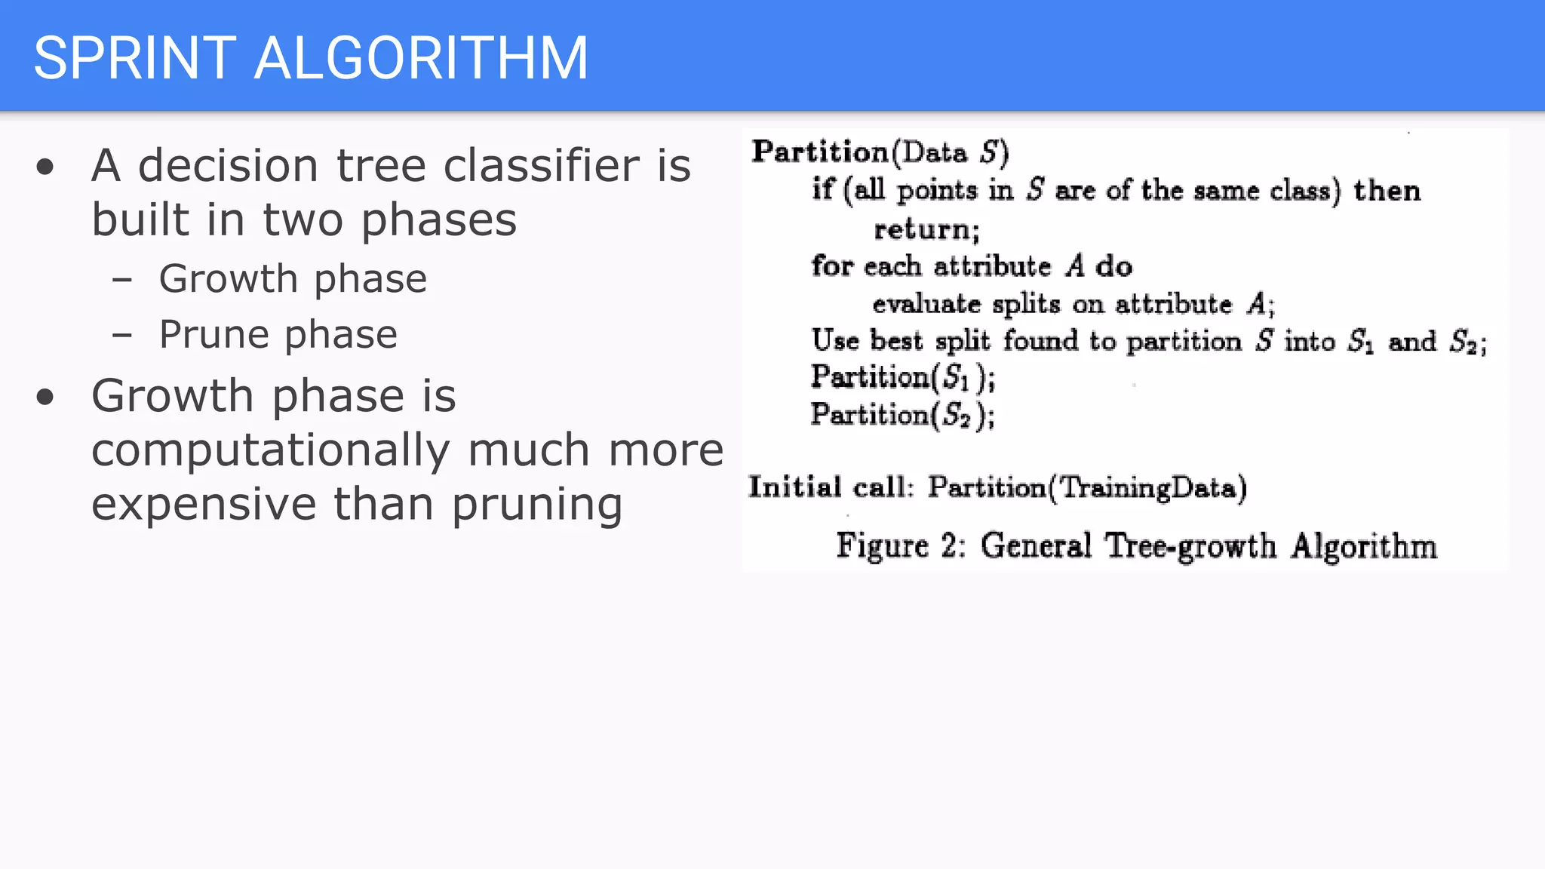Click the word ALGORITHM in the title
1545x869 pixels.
coord(421,58)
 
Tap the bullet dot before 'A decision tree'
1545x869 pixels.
coord(45,167)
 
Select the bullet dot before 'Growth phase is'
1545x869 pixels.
coord(45,398)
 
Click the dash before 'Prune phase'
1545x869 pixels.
coord(122,335)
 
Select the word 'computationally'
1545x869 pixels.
coord(270,450)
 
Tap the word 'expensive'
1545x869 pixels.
coord(204,505)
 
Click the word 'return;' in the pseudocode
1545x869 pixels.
coord(926,229)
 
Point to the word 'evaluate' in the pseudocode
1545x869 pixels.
coord(926,304)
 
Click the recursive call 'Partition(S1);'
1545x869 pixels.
coord(902,377)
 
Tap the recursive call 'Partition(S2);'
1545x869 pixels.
coord(902,415)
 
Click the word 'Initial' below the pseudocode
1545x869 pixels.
coord(794,487)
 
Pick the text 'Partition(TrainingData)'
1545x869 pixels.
coord(1087,488)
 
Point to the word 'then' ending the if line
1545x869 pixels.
coord(1387,191)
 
